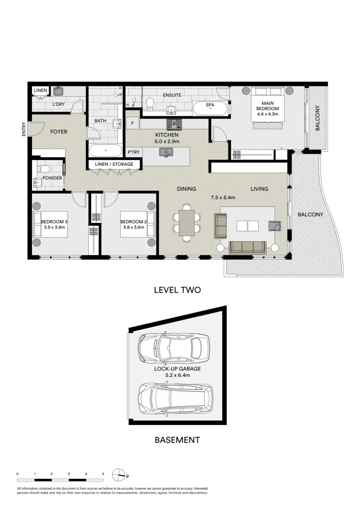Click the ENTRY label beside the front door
pos(24,130)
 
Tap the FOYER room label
pos(59,132)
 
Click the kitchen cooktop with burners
pos(173,124)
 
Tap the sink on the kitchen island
pos(166,152)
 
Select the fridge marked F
pos(133,123)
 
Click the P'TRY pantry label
pos(133,153)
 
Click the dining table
pos(187,222)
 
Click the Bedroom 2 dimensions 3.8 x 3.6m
pos(132,228)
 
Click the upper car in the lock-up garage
pos(173,347)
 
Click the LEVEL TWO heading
pos(177,290)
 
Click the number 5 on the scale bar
pos(103,473)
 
